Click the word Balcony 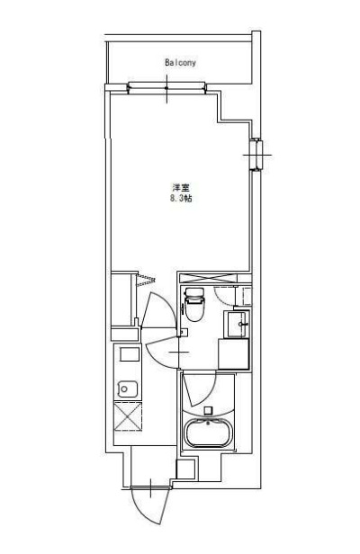coord(180,63)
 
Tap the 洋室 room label coord(180,187)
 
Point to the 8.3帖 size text coord(180,198)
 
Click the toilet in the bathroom coord(195,307)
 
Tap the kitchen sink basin coord(127,389)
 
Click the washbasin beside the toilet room coord(238,321)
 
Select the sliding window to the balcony coord(167,87)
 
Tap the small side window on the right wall coord(256,155)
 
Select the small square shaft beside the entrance coord(185,468)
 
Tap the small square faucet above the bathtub coord(209,411)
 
